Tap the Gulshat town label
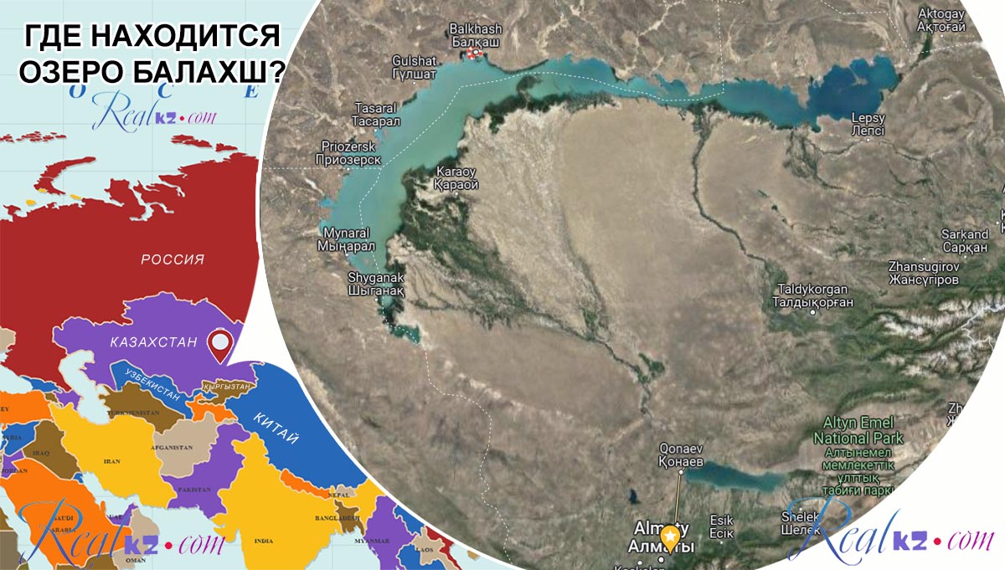pos(414,67)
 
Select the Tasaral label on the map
pos(378,115)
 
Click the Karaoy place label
pos(456,177)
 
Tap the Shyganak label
pos(376,285)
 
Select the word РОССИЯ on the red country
pos(173,259)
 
